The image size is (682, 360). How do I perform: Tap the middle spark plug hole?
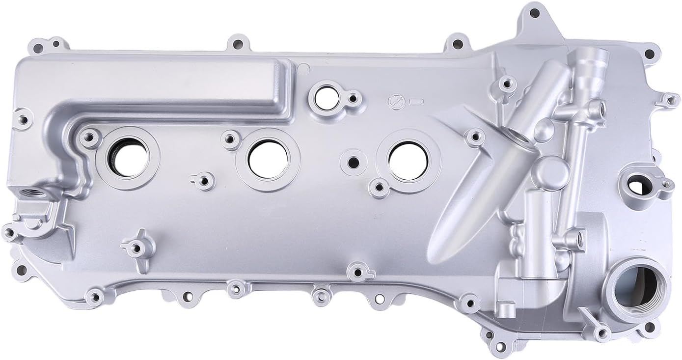[x=268, y=158]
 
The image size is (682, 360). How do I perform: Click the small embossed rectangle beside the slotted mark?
[x=416, y=102]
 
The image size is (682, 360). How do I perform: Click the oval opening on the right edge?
[x=637, y=187]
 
